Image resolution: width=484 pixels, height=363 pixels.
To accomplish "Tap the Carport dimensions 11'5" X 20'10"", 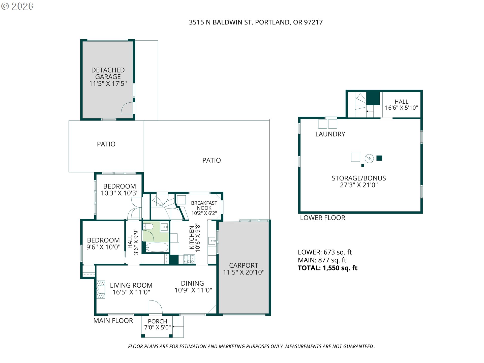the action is [x=244, y=272].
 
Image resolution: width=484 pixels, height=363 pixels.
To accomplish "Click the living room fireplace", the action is [x=101, y=289].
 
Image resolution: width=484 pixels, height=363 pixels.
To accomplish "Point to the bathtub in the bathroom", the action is [x=157, y=247].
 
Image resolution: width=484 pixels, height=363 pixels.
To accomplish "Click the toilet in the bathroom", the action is [x=148, y=227].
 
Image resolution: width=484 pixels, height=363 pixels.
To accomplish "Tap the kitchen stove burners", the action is [x=189, y=259].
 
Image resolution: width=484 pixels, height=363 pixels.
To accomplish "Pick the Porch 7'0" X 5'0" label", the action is [x=158, y=324].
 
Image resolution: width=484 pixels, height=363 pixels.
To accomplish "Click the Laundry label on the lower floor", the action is [x=330, y=134].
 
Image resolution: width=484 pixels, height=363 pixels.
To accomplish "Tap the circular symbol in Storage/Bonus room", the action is [x=369, y=158].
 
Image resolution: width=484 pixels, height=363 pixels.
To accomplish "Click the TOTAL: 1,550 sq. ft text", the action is [x=328, y=268].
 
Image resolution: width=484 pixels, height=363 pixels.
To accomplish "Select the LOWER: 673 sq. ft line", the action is [x=325, y=252].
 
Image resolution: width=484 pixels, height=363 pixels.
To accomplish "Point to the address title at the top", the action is [x=256, y=22].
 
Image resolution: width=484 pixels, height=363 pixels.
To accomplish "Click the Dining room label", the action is [x=193, y=287].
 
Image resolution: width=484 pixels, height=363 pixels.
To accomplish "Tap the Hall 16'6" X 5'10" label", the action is [x=401, y=105].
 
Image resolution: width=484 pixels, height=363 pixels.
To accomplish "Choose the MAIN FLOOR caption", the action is [x=113, y=321].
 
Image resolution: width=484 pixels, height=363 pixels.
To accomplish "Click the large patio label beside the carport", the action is [x=211, y=160].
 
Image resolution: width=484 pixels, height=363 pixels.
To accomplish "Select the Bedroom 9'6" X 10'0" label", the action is [x=103, y=244].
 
